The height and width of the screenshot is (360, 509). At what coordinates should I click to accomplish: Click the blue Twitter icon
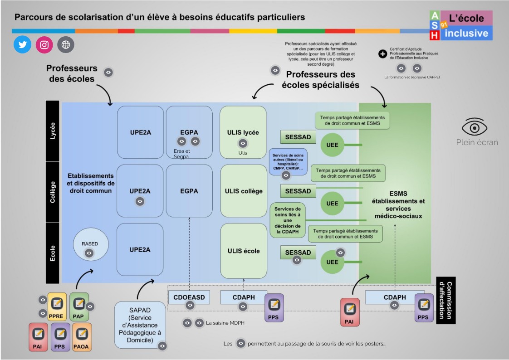(x=22, y=45)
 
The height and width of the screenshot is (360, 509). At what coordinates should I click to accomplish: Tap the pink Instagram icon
(x=44, y=45)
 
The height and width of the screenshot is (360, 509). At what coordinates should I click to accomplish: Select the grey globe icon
(x=66, y=45)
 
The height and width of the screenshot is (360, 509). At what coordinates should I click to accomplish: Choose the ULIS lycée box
(x=243, y=132)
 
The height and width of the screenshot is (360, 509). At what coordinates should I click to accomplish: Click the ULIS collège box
(x=244, y=191)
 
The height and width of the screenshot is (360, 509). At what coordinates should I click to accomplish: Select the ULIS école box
(x=244, y=250)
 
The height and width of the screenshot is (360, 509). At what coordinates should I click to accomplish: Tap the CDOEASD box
(x=189, y=297)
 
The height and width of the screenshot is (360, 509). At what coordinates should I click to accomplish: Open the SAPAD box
(x=139, y=325)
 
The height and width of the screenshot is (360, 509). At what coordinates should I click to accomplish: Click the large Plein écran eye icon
(x=474, y=127)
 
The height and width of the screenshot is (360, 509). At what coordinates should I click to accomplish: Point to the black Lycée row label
(x=53, y=131)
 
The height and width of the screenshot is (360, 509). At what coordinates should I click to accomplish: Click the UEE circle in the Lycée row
(x=333, y=145)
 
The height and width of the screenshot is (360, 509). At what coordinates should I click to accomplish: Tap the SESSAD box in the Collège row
(x=298, y=191)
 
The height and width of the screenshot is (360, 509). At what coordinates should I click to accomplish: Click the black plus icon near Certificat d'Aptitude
(x=382, y=54)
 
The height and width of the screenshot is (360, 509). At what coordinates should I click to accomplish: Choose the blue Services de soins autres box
(x=289, y=160)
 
